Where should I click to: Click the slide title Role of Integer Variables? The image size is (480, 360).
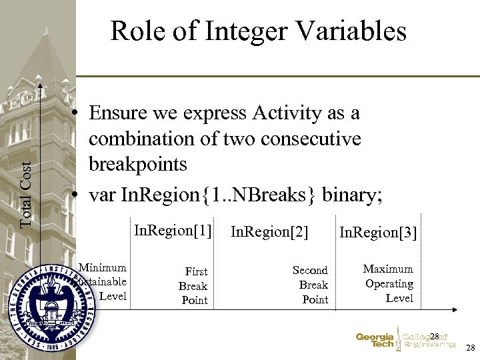(x=258, y=31)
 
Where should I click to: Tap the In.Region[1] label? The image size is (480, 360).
(x=173, y=231)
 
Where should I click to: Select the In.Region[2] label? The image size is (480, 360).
(x=269, y=232)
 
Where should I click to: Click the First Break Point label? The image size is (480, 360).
(x=195, y=286)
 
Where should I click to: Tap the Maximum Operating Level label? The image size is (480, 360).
(x=389, y=283)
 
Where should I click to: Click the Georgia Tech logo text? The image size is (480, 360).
(x=375, y=341)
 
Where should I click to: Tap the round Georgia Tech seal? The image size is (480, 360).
(x=52, y=304)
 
